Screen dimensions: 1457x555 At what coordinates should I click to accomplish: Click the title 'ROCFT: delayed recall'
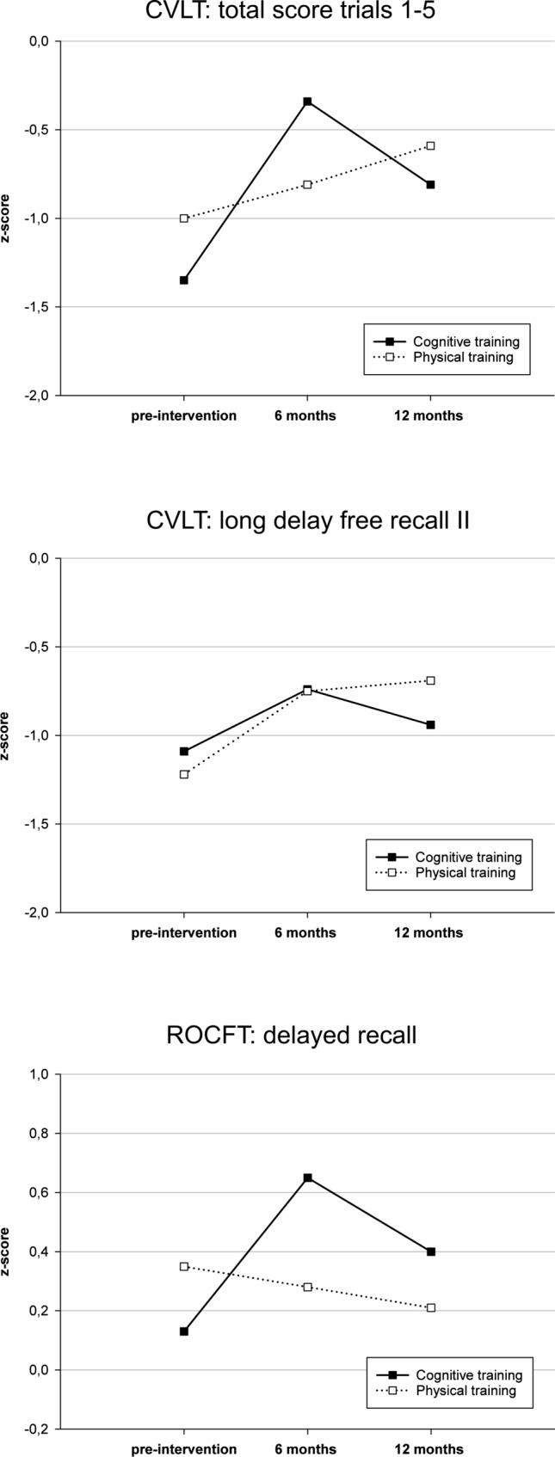[291, 1035]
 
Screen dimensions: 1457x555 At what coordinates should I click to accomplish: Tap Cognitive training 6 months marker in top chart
[307, 101]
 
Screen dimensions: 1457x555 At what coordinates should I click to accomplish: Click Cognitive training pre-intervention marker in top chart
[184, 280]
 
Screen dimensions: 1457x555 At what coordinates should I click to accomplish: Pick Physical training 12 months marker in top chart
[430, 145]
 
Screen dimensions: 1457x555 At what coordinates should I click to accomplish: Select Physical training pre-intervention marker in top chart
[184, 218]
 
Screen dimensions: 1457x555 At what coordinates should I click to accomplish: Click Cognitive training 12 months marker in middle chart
[430, 725]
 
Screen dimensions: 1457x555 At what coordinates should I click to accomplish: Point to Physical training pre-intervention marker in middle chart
[184, 774]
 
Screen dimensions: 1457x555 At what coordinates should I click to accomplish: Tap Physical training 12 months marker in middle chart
[430, 680]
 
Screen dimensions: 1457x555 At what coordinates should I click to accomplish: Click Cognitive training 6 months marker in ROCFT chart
[307, 1177]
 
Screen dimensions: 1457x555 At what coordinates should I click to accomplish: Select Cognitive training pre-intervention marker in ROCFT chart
[184, 1331]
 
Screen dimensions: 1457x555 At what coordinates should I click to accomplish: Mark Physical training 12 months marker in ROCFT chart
[430, 1307]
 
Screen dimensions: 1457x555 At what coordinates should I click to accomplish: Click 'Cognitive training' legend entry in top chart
[466, 341]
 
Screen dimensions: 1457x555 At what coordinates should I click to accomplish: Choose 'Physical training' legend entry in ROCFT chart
[466, 1390]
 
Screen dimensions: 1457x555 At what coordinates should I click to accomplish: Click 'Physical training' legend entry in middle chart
[466, 872]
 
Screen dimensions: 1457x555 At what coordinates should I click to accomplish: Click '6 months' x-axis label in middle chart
[307, 932]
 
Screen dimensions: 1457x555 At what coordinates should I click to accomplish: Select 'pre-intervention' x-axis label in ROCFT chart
[184, 1448]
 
